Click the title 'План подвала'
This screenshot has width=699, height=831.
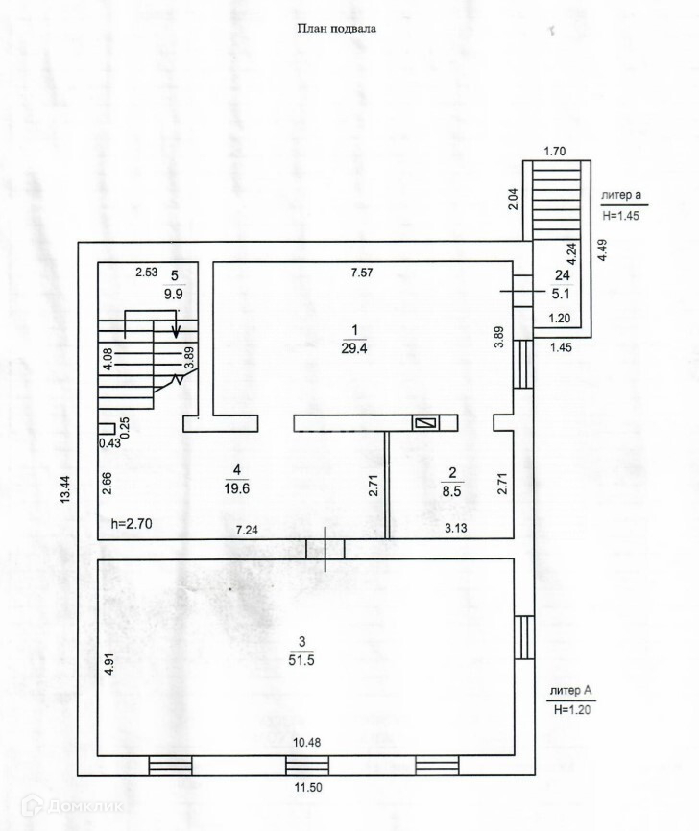click(336, 29)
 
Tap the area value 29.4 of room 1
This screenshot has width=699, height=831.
click(350, 348)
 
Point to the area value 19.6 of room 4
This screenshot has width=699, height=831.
click(235, 487)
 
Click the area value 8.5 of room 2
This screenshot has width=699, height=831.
click(451, 489)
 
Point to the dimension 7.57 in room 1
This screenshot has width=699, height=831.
click(362, 273)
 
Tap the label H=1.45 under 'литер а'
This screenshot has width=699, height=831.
click(621, 217)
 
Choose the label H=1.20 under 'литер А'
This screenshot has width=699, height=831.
click(569, 710)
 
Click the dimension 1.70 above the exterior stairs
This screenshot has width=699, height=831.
click(555, 151)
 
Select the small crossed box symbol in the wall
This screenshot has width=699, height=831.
click(424, 422)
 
